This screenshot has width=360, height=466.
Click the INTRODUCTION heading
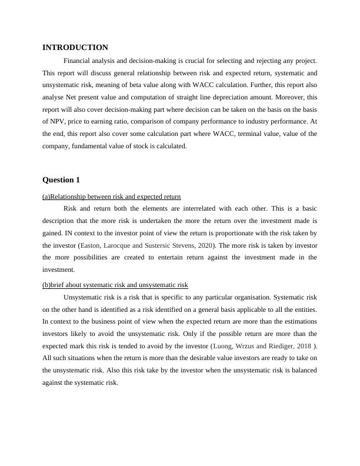tap(75, 48)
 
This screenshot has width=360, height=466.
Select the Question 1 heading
tap(61, 179)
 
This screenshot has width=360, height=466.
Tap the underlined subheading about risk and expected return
tap(112, 197)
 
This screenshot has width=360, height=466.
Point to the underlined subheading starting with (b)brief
tap(115, 285)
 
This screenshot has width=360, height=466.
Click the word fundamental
tap(86, 147)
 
